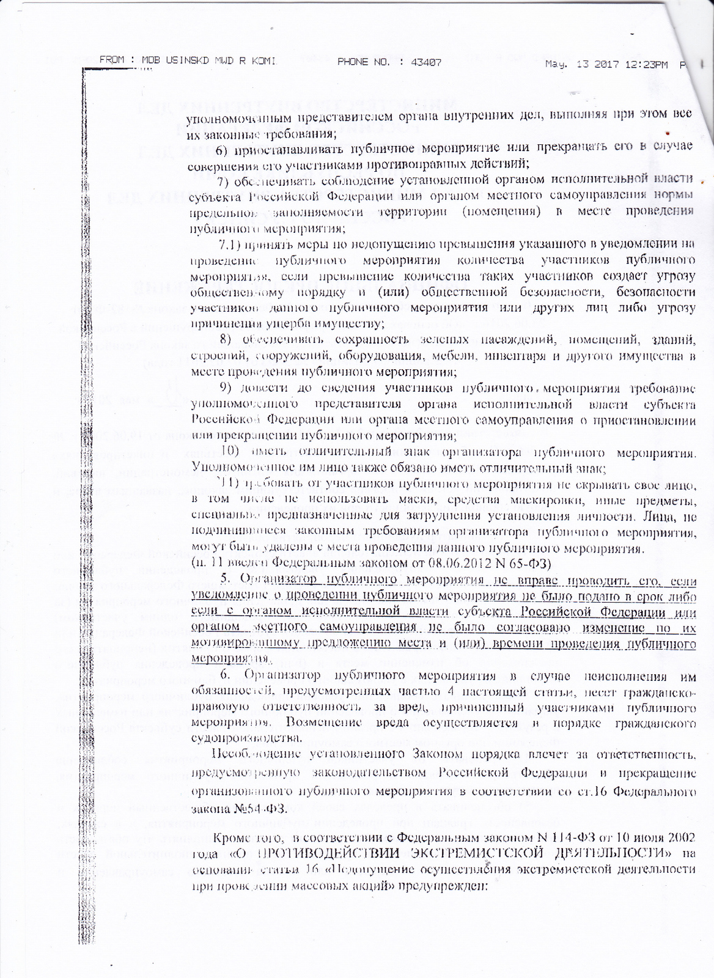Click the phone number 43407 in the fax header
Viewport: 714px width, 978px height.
tap(427, 62)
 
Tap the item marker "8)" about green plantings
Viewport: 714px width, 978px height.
tap(226, 339)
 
